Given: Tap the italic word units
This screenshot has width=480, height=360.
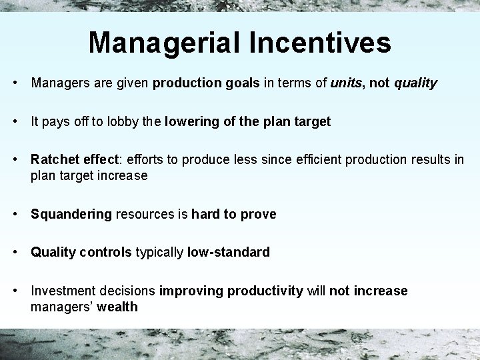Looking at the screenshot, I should (x=346, y=83).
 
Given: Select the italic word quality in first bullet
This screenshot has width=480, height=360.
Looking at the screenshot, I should (x=415, y=84).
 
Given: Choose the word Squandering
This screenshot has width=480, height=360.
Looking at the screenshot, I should (x=71, y=215).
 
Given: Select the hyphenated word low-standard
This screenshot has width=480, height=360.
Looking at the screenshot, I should (x=229, y=253).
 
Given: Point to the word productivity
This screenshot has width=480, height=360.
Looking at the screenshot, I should (x=265, y=291).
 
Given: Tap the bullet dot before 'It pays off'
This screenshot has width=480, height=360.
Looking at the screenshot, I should (x=15, y=122).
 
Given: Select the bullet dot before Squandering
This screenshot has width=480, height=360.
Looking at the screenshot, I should (x=15, y=214).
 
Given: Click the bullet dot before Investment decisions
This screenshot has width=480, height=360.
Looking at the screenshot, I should (x=15, y=291).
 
